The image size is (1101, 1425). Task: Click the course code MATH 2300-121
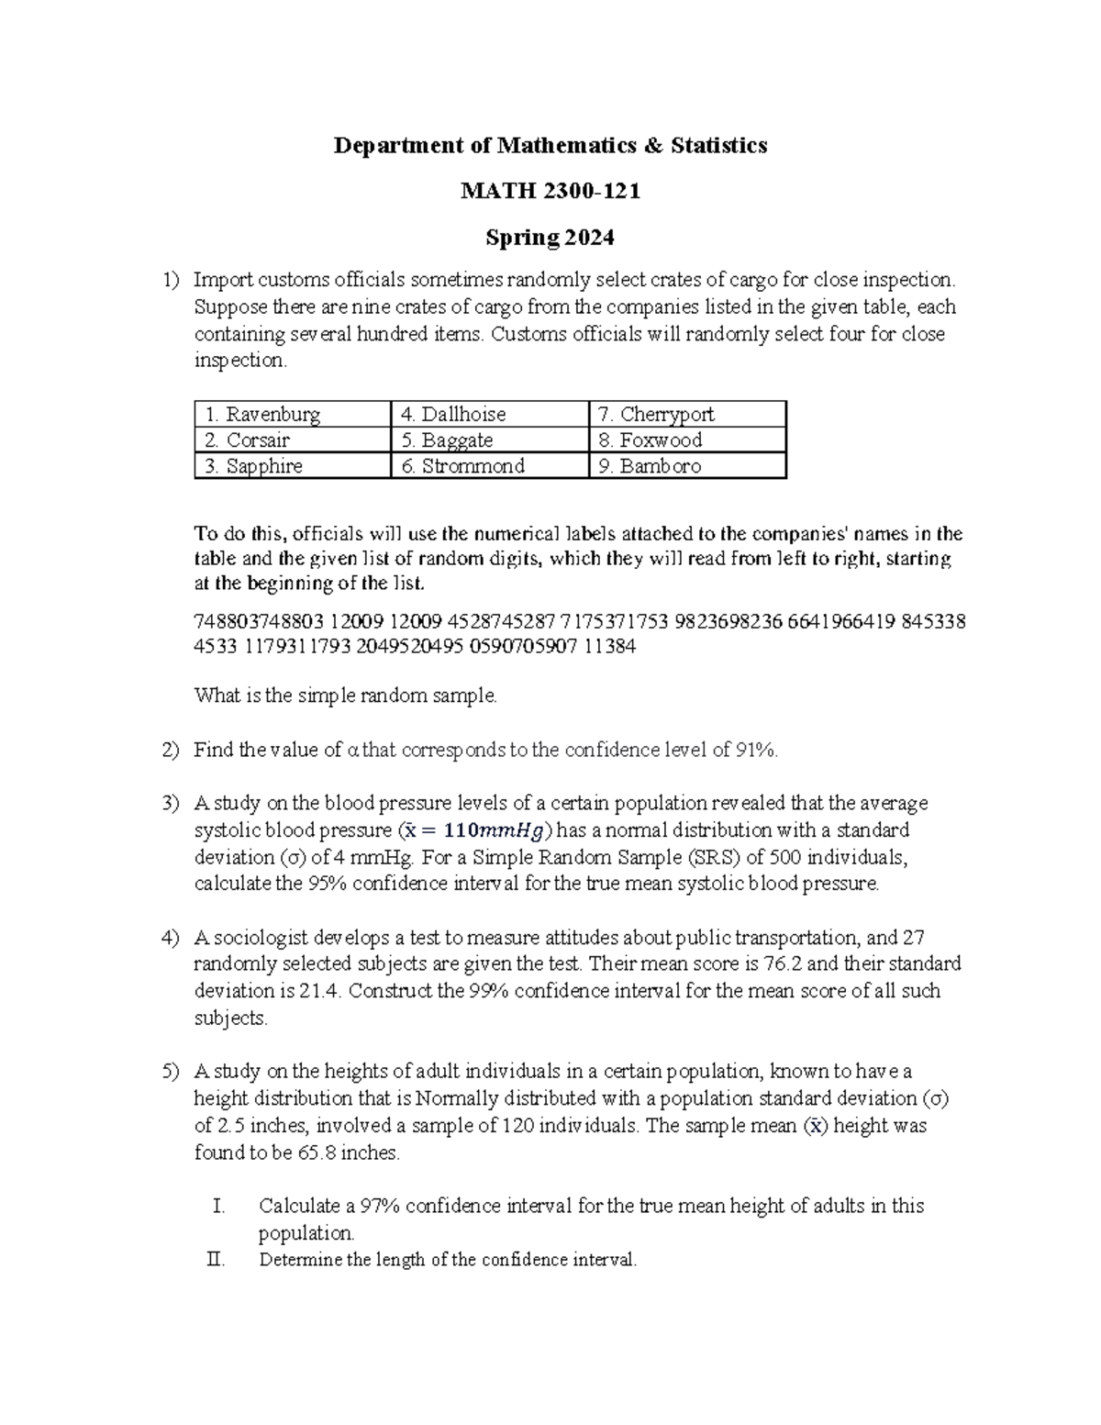(x=550, y=191)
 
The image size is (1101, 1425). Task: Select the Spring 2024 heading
(x=550, y=238)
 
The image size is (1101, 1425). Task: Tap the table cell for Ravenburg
(x=292, y=414)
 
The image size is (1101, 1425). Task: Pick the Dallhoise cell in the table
(x=488, y=414)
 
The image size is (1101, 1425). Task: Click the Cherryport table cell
(x=686, y=414)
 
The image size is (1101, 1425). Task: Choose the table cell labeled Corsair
(x=292, y=440)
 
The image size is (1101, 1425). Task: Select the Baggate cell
(x=488, y=440)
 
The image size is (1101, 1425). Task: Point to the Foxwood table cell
(x=686, y=440)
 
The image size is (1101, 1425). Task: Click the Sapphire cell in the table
(x=292, y=466)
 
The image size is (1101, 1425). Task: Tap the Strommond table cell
(x=488, y=466)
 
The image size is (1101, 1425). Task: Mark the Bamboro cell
(x=686, y=466)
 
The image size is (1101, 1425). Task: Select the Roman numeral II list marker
(x=216, y=1260)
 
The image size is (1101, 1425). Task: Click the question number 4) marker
(x=171, y=938)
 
